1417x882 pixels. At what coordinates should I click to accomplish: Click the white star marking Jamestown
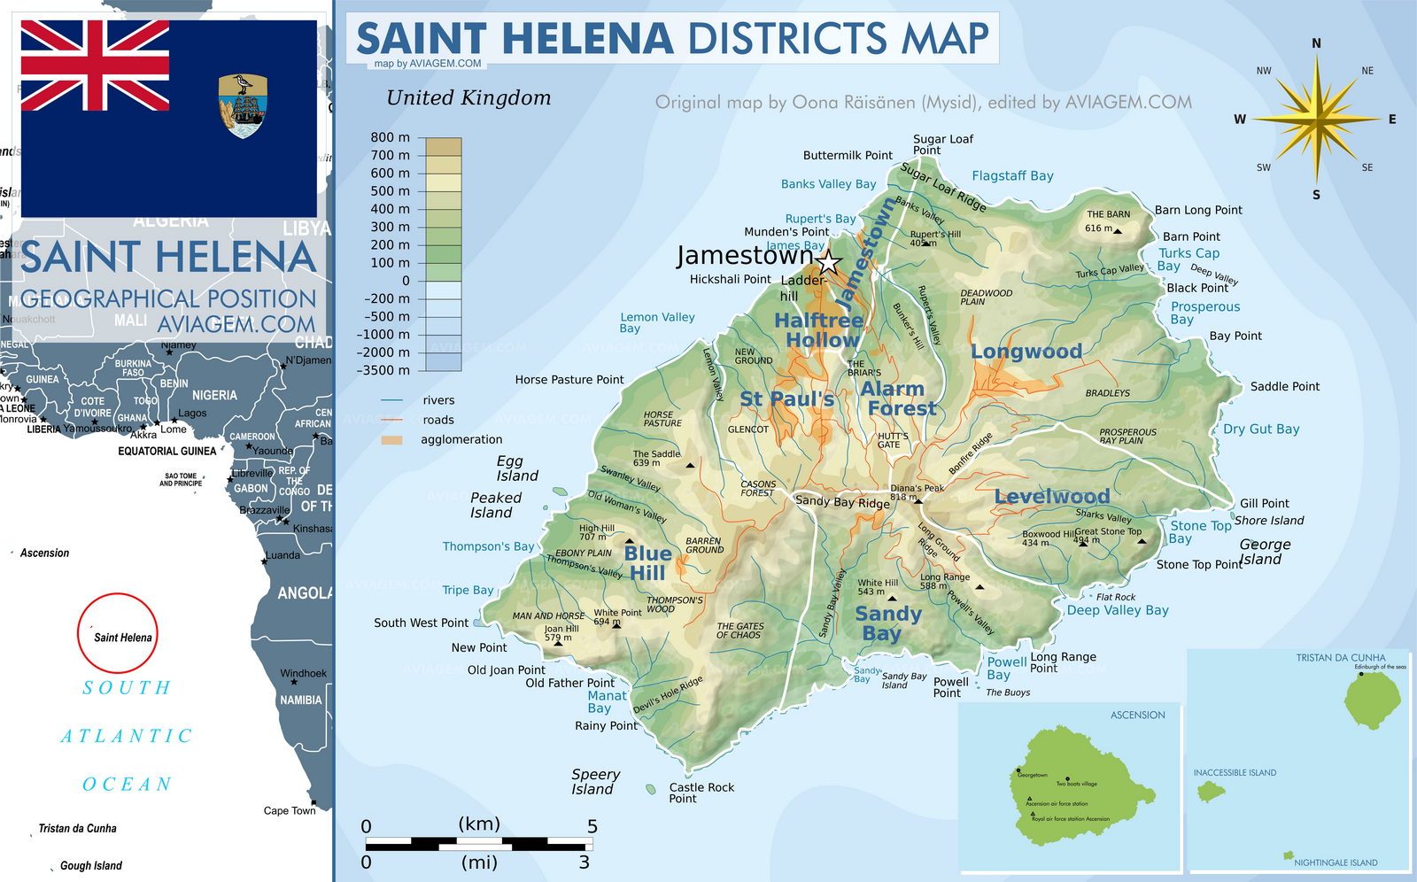click(828, 262)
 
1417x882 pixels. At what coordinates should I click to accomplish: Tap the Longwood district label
click(1026, 352)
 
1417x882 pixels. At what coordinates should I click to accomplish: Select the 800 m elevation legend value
click(390, 137)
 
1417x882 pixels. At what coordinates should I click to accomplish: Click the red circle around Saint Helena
click(118, 633)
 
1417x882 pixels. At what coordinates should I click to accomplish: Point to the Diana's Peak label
click(917, 488)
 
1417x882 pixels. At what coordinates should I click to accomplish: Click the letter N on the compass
click(1316, 43)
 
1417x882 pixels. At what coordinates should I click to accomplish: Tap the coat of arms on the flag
click(243, 105)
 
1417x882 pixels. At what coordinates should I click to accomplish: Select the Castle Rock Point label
click(701, 793)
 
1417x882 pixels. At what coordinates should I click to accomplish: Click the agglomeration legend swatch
click(391, 440)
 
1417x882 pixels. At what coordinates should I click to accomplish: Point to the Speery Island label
click(594, 782)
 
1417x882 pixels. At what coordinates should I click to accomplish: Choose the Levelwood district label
click(1051, 497)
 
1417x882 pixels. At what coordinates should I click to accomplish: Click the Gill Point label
click(1264, 503)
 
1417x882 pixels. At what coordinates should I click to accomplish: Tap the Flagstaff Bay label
click(1012, 176)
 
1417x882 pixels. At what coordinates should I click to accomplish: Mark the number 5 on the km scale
click(592, 826)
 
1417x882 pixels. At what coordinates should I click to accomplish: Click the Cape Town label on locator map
click(289, 810)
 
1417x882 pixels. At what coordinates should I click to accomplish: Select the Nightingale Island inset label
click(1335, 863)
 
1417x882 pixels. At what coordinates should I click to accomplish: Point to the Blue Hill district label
click(647, 563)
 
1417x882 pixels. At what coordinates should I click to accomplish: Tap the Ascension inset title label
click(1137, 715)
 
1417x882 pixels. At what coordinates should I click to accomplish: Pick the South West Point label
click(421, 623)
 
